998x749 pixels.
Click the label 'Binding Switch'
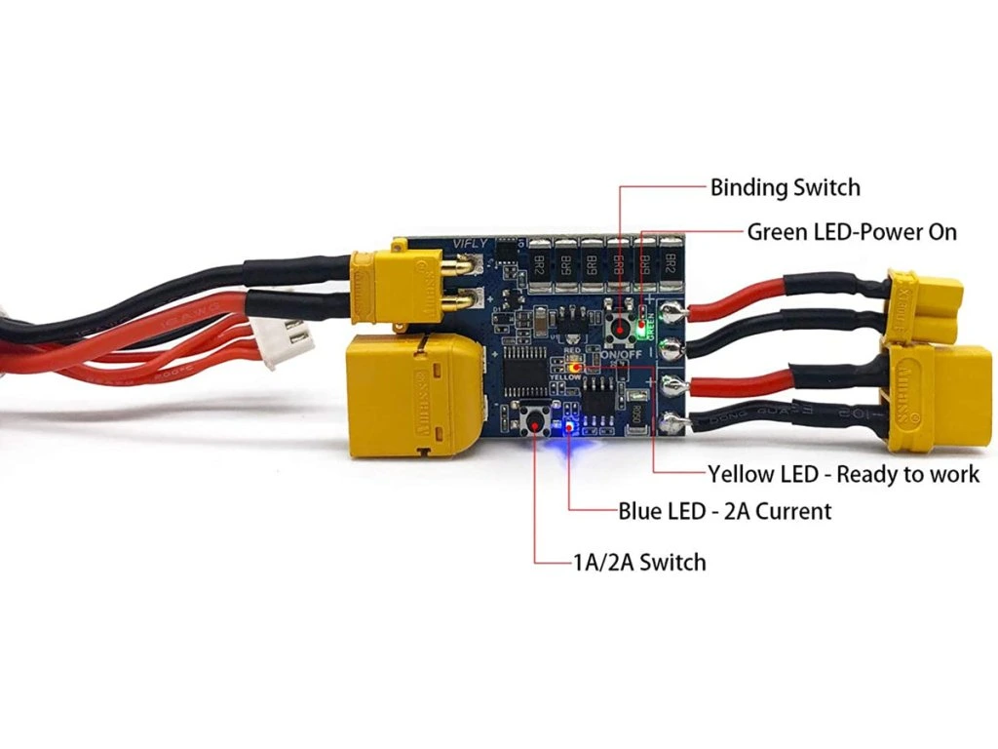click(785, 186)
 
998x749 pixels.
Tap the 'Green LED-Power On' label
click(852, 232)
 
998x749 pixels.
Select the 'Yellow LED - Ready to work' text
click(843, 474)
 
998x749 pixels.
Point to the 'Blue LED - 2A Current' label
click(725, 510)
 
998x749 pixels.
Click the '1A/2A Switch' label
click(638, 562)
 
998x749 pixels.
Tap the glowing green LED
click(640, 329)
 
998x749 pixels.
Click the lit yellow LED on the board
click(575, 369)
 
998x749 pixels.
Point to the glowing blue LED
click(567, 428)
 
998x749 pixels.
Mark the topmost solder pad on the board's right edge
click(671, 313)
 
